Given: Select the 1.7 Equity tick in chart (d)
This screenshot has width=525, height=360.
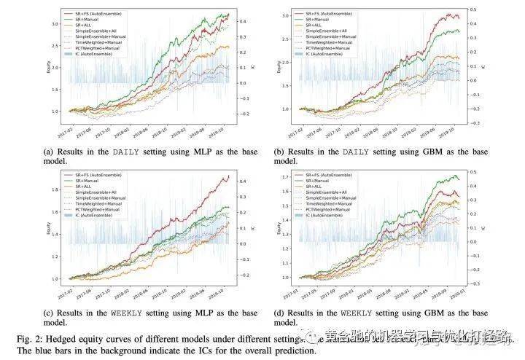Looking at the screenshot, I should pos(285,177).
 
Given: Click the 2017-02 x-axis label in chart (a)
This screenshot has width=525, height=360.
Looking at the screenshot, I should pos(66,132).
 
